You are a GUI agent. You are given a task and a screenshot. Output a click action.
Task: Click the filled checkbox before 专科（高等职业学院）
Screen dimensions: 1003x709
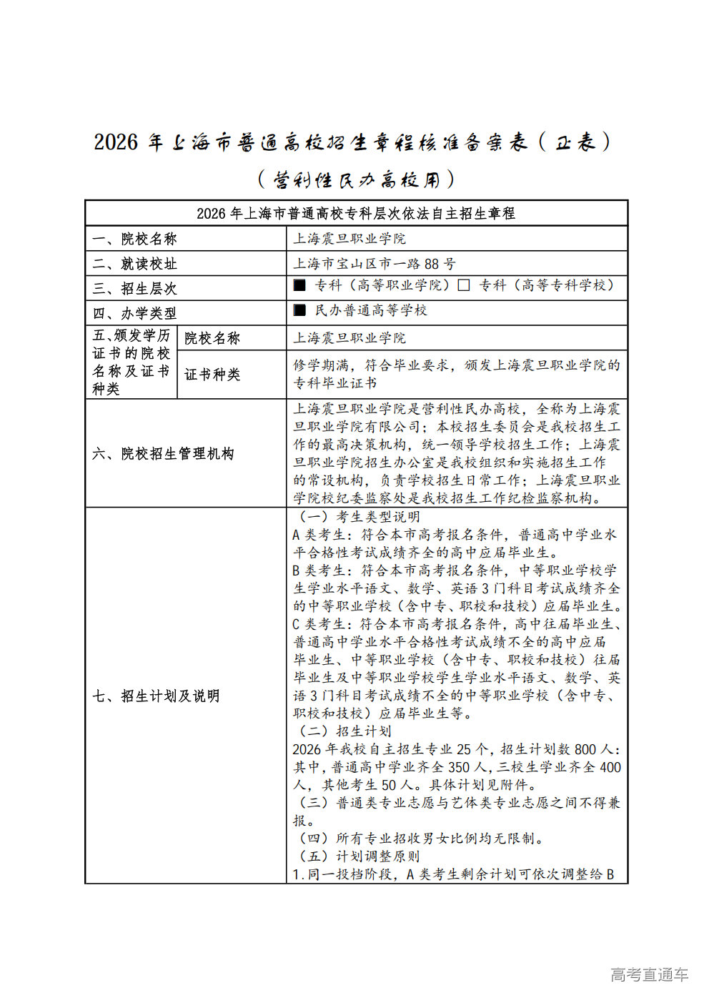pos(299,285)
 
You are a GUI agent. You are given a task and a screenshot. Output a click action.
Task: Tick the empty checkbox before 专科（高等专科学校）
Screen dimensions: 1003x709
pos(464,285)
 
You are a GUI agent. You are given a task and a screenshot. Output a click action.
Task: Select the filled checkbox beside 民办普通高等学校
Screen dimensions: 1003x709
pos(299,310)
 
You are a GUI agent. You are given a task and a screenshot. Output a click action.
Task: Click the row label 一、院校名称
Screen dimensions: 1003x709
pos(134,239)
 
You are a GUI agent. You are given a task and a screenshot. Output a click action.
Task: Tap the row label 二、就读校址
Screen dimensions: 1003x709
pos(134,264)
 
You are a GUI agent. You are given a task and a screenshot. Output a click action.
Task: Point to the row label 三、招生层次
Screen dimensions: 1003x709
pos(134,289)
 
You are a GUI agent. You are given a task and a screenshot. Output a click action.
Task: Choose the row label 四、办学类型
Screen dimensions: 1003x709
pos(134,313)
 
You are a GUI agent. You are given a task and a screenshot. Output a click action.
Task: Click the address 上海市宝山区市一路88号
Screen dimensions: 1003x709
pos(375,264)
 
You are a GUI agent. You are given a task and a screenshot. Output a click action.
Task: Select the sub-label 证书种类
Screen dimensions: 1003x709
pos(212,375)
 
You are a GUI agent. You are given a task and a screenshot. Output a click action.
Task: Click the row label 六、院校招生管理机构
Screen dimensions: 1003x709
pos(163,454)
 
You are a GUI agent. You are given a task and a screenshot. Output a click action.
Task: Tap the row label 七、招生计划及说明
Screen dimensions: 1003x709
pos(156,696)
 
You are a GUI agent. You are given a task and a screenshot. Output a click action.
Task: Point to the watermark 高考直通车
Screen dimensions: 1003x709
pos(649,974)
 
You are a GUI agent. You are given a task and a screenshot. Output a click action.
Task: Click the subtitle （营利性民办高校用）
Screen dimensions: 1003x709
pos(355,179)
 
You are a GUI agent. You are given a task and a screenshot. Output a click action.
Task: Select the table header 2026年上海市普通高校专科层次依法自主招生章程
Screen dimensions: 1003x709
pos(355,214)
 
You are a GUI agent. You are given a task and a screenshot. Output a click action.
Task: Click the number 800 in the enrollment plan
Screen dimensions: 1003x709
pos(585,749)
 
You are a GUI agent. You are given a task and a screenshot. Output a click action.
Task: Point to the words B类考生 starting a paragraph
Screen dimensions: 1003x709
pos(319,570)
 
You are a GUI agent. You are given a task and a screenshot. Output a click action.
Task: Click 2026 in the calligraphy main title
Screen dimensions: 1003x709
pos(116,142)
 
